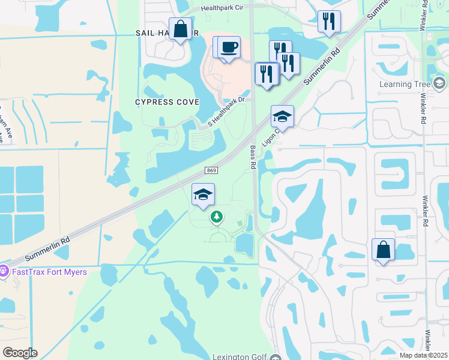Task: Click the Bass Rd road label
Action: pos(252,155)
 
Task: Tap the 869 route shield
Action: pos(211,171)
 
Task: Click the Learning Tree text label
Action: pos(405,84)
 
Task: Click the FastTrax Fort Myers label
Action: pos(50,272)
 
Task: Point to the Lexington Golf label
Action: pos(240,357)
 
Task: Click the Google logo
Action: pos(20,353)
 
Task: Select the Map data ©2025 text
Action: pos(423,356)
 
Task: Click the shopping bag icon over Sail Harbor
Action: pos(180,29)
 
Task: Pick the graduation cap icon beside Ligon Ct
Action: pos(282,116)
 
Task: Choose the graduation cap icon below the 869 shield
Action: pos(203,194)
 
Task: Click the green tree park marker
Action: pos(217,217)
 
